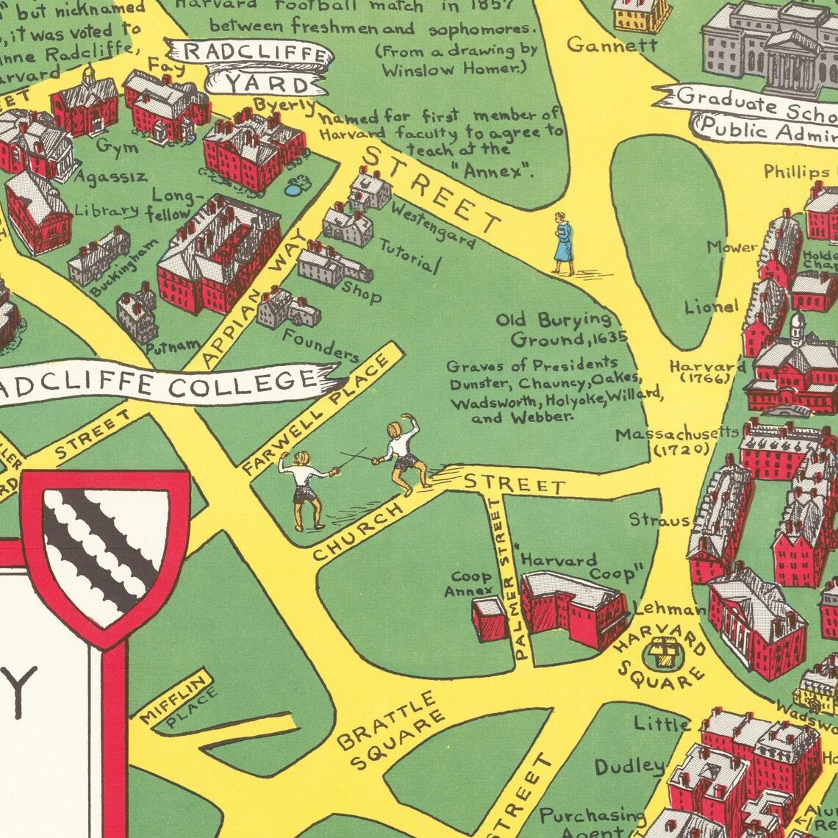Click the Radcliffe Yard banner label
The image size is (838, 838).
pos(250,68)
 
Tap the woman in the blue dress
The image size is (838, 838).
pos(564,244)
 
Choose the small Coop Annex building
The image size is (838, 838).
pos(489,618)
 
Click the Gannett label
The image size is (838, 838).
pos(612,46)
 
